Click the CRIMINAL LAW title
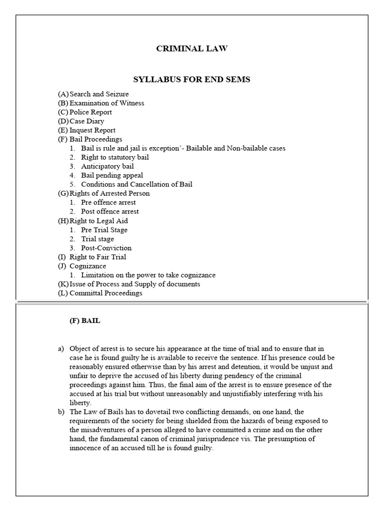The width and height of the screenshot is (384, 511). click(x=192, y=48)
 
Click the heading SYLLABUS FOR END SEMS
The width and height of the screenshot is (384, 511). click(x=191, y=79)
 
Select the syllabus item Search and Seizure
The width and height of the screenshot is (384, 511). click(x=98, y=94)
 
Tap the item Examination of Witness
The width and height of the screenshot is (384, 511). click(x=106, y=103)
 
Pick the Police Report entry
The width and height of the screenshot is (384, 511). click(x=90, y=112)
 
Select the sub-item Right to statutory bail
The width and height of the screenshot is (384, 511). click(x=115, y=157)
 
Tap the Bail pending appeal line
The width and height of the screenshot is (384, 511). click(x=112, y=175)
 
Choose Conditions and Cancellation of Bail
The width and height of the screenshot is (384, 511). click(x=136, y=184)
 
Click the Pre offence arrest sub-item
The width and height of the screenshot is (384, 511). click(x=108, y=202)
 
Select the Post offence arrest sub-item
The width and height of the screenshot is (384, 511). click(x=110, y=211)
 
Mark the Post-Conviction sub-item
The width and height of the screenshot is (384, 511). click(x=106, y=248)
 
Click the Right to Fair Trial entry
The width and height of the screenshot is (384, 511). click(x=97, y=256)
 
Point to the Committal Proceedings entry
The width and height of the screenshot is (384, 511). click(x=105, y=293)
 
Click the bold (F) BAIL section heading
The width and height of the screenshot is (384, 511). click(x=84, y=321)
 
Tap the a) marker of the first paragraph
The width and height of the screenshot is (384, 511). click(x=61, y=348)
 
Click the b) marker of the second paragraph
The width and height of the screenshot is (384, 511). click(x=61, y=412)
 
